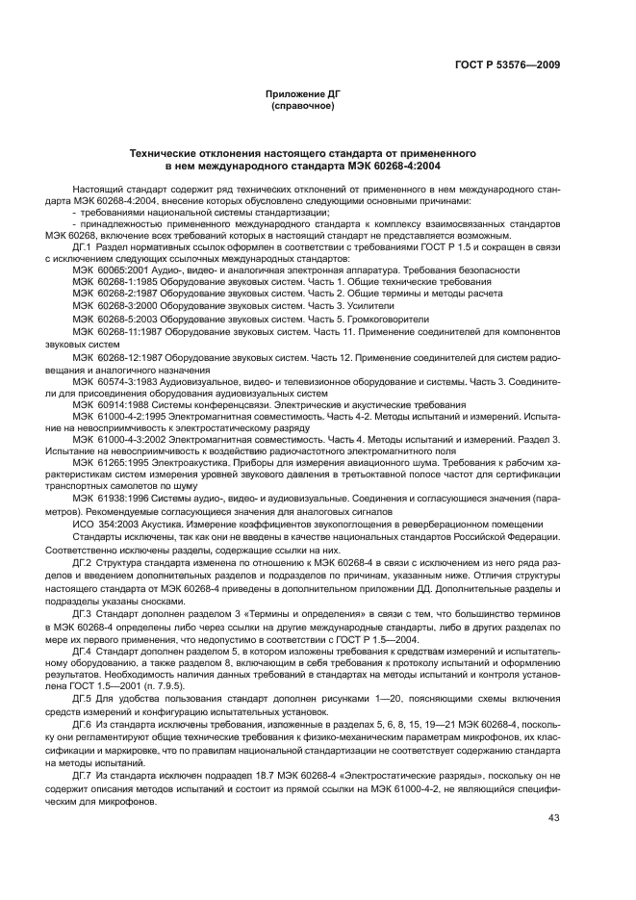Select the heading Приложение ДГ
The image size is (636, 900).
(x=302, y=94)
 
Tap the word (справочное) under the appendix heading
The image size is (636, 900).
(x=302, y=105)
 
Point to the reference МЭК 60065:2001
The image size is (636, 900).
(x=107, y=271)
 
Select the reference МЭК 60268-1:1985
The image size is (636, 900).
(x=109, y=284)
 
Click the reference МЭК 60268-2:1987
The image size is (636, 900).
(x=109, y=296)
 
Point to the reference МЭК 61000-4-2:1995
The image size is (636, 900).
(x=112, y=418)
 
